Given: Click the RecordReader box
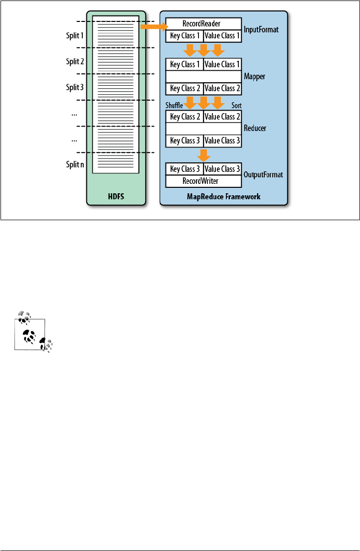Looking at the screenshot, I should (x=203, y=23).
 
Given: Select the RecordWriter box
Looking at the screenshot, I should (x=203, y=181).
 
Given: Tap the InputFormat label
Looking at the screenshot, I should (x=261, y=29).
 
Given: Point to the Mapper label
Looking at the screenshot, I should (x=254, y=76).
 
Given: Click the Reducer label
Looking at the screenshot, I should (x=255, y=129).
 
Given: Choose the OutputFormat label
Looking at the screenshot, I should (x=263, y=175).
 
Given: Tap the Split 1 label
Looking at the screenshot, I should (x=75, y=36).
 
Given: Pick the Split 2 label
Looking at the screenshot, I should (x=75, y=62).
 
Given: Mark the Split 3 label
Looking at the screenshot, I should (x=75, y=88).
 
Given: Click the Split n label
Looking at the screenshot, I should (x=75, y=165).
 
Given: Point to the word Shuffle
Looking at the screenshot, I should (x=175, y=106).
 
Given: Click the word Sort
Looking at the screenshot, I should (x=237, y=106).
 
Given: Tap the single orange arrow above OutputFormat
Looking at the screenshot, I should (x=203, y=154).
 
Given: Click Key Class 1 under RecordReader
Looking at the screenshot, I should (x=184, y=36).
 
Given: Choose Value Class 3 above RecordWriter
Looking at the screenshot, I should (x=222, y=169).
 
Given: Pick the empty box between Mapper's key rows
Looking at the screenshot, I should (x=203, y=76).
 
